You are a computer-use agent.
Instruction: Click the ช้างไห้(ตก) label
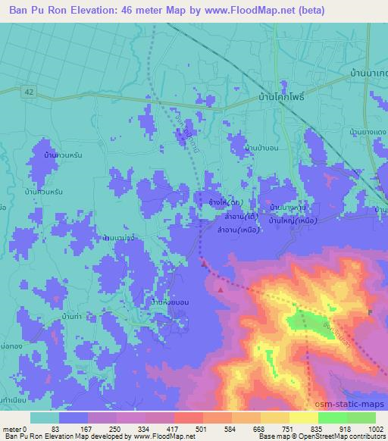[x=225, y=203]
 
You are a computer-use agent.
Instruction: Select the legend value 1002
[x=374, y=429]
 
